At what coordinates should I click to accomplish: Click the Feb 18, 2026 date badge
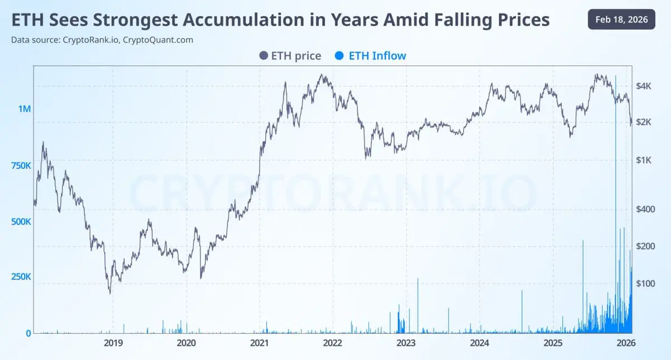621,20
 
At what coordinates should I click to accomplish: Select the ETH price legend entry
290,55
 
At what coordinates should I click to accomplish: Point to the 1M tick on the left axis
24,109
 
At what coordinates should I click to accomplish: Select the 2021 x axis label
259,343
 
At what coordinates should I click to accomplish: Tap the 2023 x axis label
406,343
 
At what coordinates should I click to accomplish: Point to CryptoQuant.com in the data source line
158,40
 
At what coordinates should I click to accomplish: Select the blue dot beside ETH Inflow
338,55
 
